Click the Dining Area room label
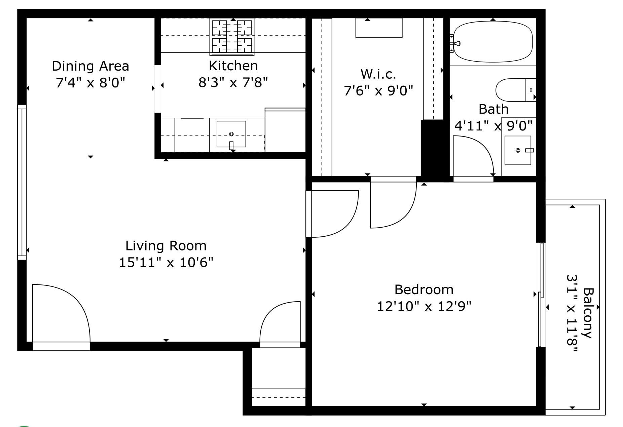coord(90,66)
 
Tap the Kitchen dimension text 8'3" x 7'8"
coord(233,82)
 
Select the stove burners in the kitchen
coord(232,36)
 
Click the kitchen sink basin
coord(231,134)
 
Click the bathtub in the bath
coord(493,42)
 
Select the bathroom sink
coord(518,150)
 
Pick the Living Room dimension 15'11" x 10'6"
coord(166,262)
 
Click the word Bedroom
coord(424,289)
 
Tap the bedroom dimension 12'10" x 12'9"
coord(424,306)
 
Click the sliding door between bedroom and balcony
coord(540,294)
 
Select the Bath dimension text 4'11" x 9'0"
coord(493,126)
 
